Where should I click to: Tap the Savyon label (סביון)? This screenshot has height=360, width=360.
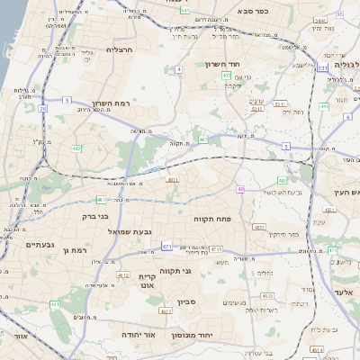pyautogui.click(x=186, y=302)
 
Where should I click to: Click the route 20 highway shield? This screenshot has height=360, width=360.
pyautogui.click(x=42, y=108)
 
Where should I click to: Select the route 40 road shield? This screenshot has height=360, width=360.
pyautogui.click(x=240, y=189)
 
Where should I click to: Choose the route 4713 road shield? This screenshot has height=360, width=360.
pyautogui.click(x=216, y=249)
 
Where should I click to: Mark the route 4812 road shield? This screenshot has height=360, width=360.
pyautogui.click(x=123, y=276)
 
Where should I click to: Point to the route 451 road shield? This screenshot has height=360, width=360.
pyautogui.click(x=54, y=305)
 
